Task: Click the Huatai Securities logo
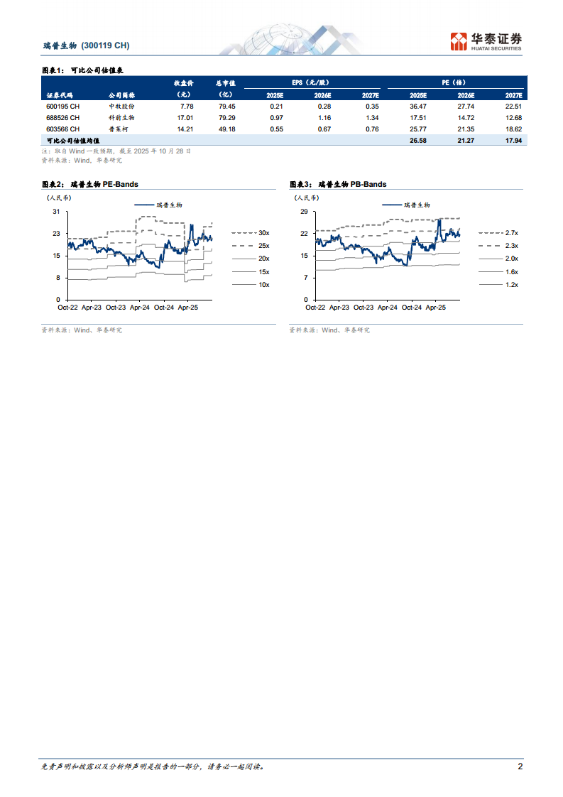click(486, 41)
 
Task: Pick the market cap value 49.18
click(226, 129)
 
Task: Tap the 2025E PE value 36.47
click(418, 107)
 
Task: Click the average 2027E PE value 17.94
click(513, 141)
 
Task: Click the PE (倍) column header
click(455, 82)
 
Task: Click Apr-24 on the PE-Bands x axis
click(139, 308)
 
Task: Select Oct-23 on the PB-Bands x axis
click(364, 308)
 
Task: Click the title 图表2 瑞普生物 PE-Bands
click(89, 185)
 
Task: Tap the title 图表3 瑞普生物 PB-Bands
click(338, 185)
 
